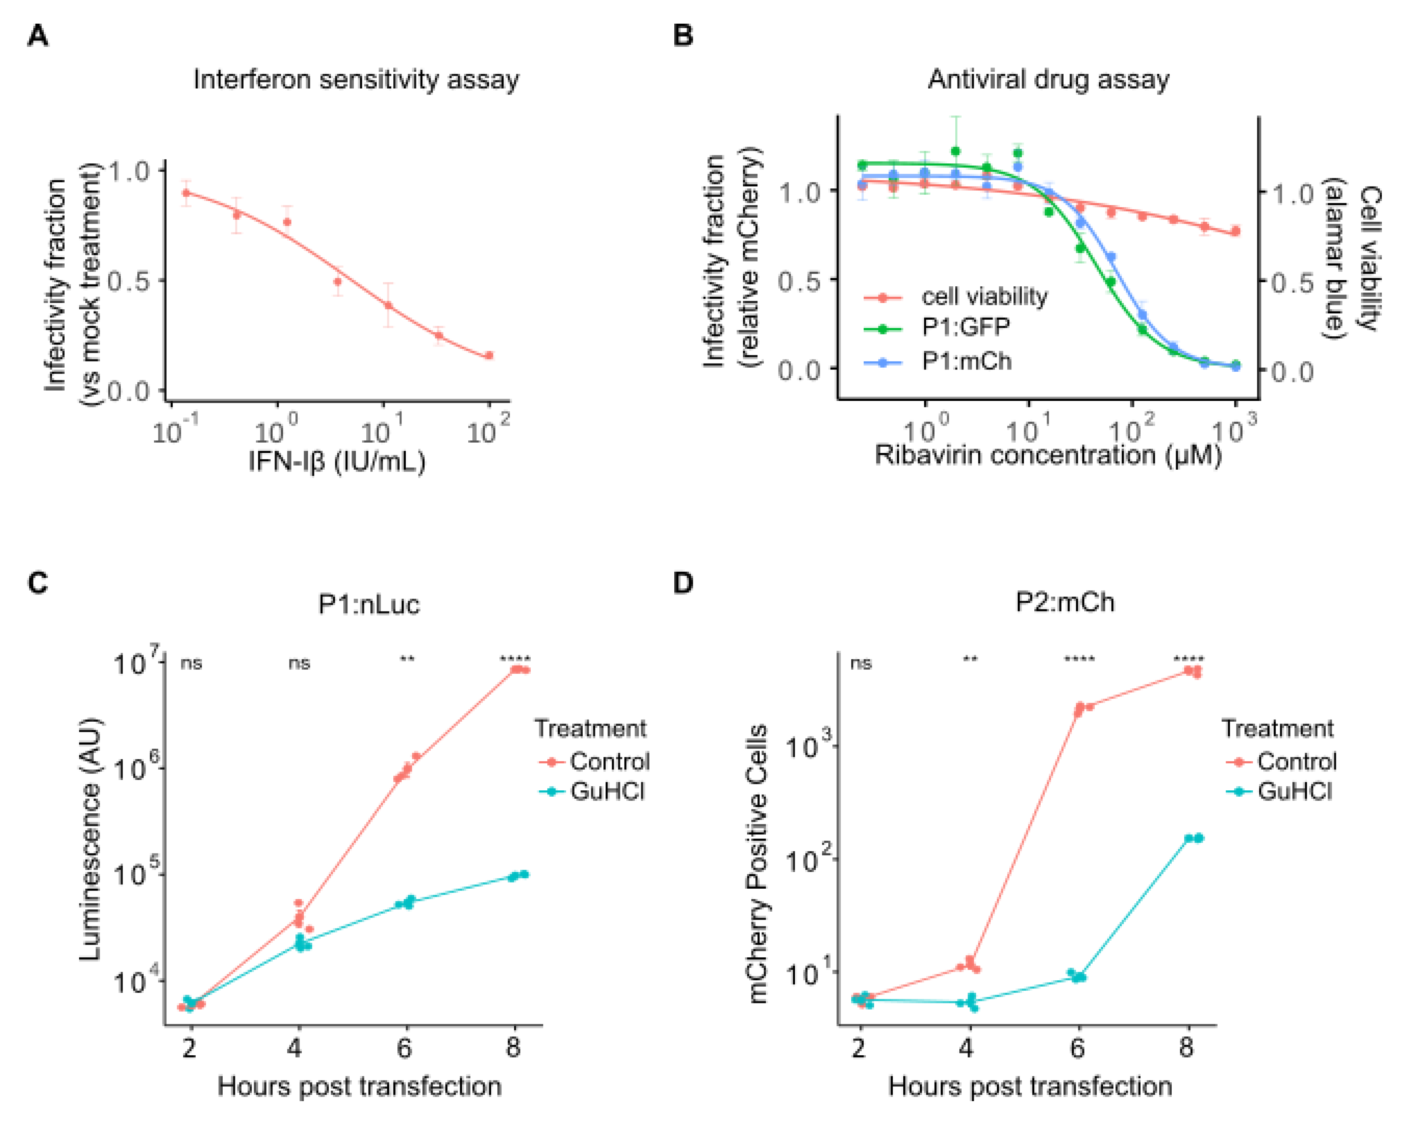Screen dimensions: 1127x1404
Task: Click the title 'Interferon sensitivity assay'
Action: (x=356, y=79)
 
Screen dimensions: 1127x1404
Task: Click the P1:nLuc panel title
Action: (x=369, y=605)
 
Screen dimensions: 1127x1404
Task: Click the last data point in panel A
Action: (x=489, y=356)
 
